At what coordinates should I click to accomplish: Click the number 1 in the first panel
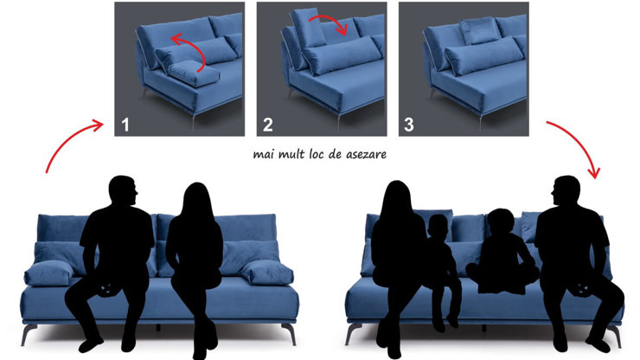click(125, 125)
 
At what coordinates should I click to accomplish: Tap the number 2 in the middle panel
click(268, 125)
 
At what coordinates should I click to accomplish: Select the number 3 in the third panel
click(409, 125)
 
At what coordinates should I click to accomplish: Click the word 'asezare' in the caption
click(366, 155)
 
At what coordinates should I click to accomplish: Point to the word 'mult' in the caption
click(292, 154)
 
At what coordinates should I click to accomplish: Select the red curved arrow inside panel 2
click(329, 22)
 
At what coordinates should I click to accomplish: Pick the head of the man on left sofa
click(122, 191)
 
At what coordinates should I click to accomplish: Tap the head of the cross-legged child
click(502, 222)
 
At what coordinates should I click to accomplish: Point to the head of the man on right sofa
click(566, 191)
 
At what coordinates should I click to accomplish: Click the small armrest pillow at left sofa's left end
click(49, 273)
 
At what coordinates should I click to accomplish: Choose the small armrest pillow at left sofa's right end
click(267, 273)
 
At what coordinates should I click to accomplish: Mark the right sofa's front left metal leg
click(353, 334)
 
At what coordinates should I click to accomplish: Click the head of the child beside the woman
click(438, 227)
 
